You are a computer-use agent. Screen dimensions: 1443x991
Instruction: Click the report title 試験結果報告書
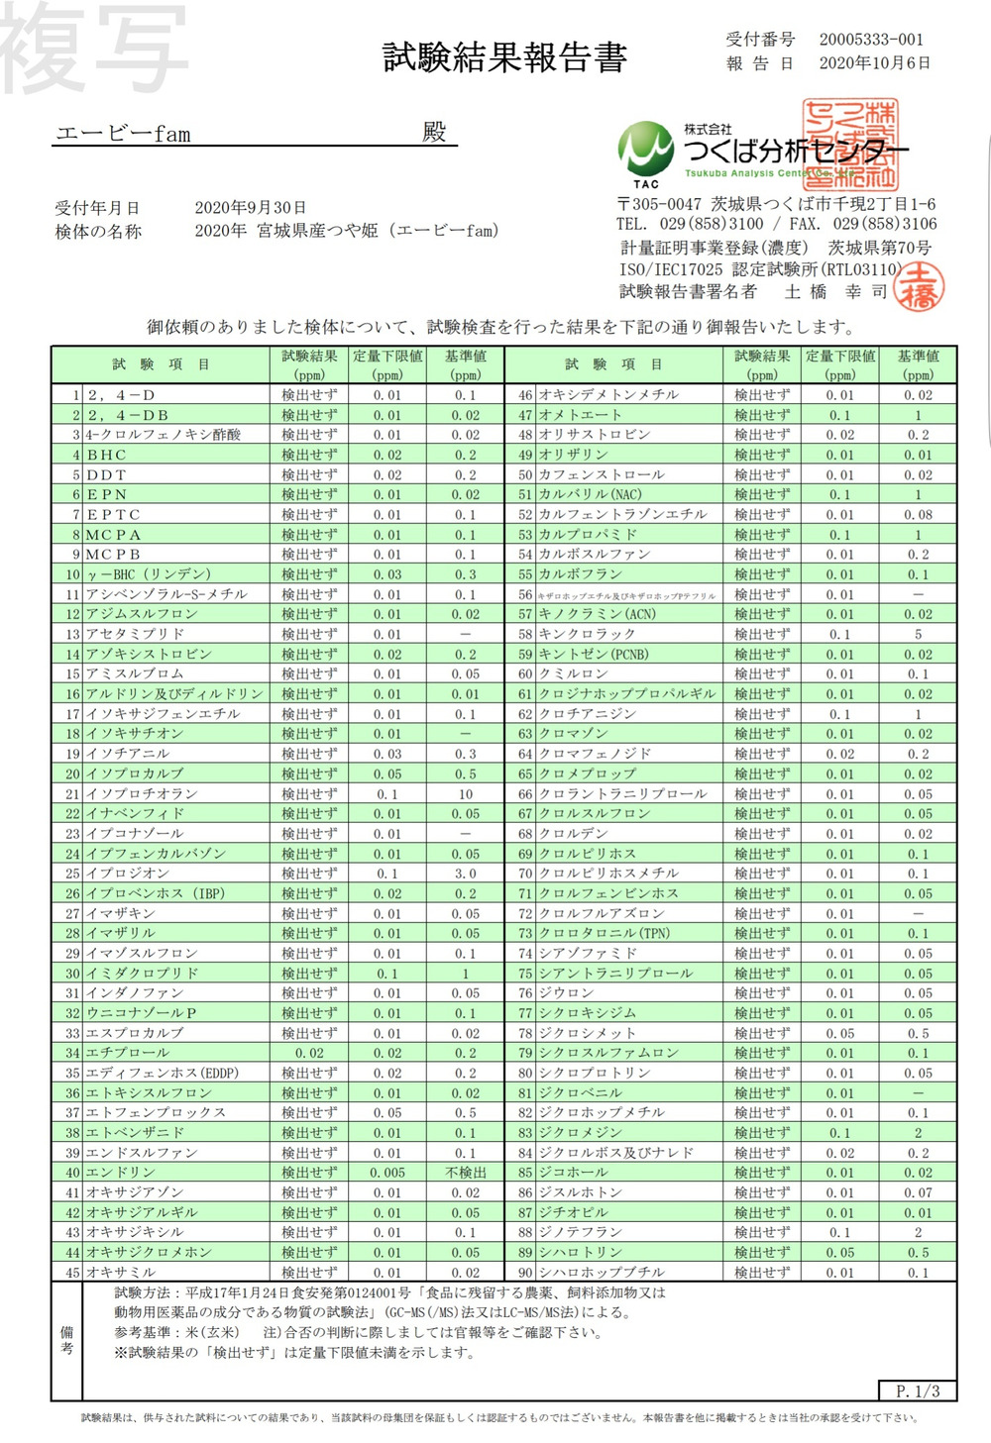(504, 58)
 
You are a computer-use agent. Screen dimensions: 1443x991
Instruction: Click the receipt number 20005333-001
(871, 40)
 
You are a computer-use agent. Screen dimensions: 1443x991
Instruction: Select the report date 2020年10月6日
(874, 63)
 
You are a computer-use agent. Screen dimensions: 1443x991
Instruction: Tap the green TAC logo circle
(645, 150)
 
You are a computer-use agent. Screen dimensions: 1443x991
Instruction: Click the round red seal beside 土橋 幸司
(919, 285)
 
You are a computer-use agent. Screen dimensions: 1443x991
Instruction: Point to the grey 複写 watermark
(94, 47)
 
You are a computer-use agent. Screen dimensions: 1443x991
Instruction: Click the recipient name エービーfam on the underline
(123, 134)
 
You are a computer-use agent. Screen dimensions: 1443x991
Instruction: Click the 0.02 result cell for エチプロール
(309, 1053)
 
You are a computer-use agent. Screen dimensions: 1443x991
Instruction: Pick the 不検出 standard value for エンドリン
(465, 1173)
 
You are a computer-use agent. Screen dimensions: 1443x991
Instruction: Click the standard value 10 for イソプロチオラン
(465, 794)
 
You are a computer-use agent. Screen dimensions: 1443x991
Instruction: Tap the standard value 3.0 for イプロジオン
(465, 874)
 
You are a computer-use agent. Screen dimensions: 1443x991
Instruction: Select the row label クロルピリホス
(588, 854)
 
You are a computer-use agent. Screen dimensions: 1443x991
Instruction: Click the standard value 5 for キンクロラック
(918, 634)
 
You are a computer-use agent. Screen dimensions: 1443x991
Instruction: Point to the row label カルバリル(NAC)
(590, 494)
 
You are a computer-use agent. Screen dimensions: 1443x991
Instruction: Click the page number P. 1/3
(918, 1391)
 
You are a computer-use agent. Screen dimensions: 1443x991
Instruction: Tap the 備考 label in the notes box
(66, 1340)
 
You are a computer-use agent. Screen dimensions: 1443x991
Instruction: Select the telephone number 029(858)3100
(711, 225)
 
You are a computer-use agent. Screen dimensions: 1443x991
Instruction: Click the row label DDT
(106, 475)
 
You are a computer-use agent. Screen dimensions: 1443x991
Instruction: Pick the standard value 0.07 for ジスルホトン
(918, 1192)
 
